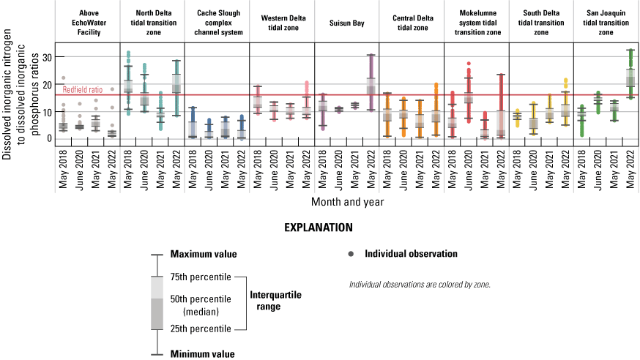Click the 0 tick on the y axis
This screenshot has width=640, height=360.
(49, 138)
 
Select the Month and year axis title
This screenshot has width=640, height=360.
(347, 200)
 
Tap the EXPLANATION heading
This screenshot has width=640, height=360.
(319, 228)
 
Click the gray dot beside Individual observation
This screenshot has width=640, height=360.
(351, 254)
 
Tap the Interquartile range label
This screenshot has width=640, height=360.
(275, 299)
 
